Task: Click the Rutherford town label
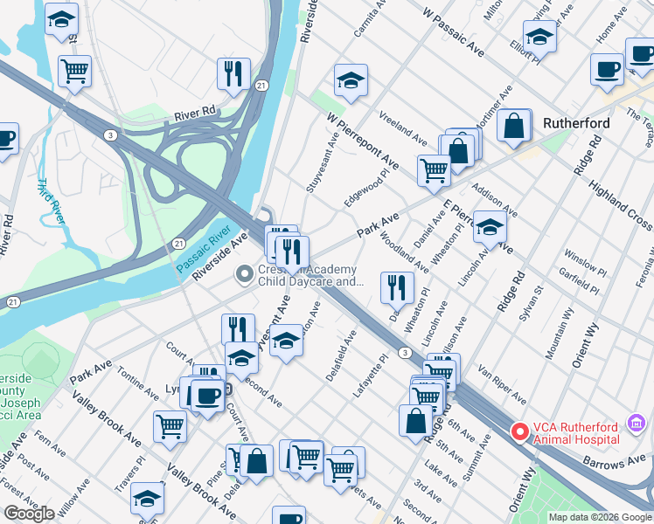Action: [x=576, y=122]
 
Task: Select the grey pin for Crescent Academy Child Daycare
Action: [x=245, y=275]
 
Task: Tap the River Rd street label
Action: [x=195, y=113]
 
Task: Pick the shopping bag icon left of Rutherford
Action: [x=514, y=126]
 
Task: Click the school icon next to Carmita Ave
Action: [x=351, y=81]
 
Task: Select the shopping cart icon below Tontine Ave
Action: [x=170, y=426]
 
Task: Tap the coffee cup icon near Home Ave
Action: [x=606, y=69]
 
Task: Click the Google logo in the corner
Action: [x=29, y=514]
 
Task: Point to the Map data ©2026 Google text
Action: [x=599, y=517]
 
